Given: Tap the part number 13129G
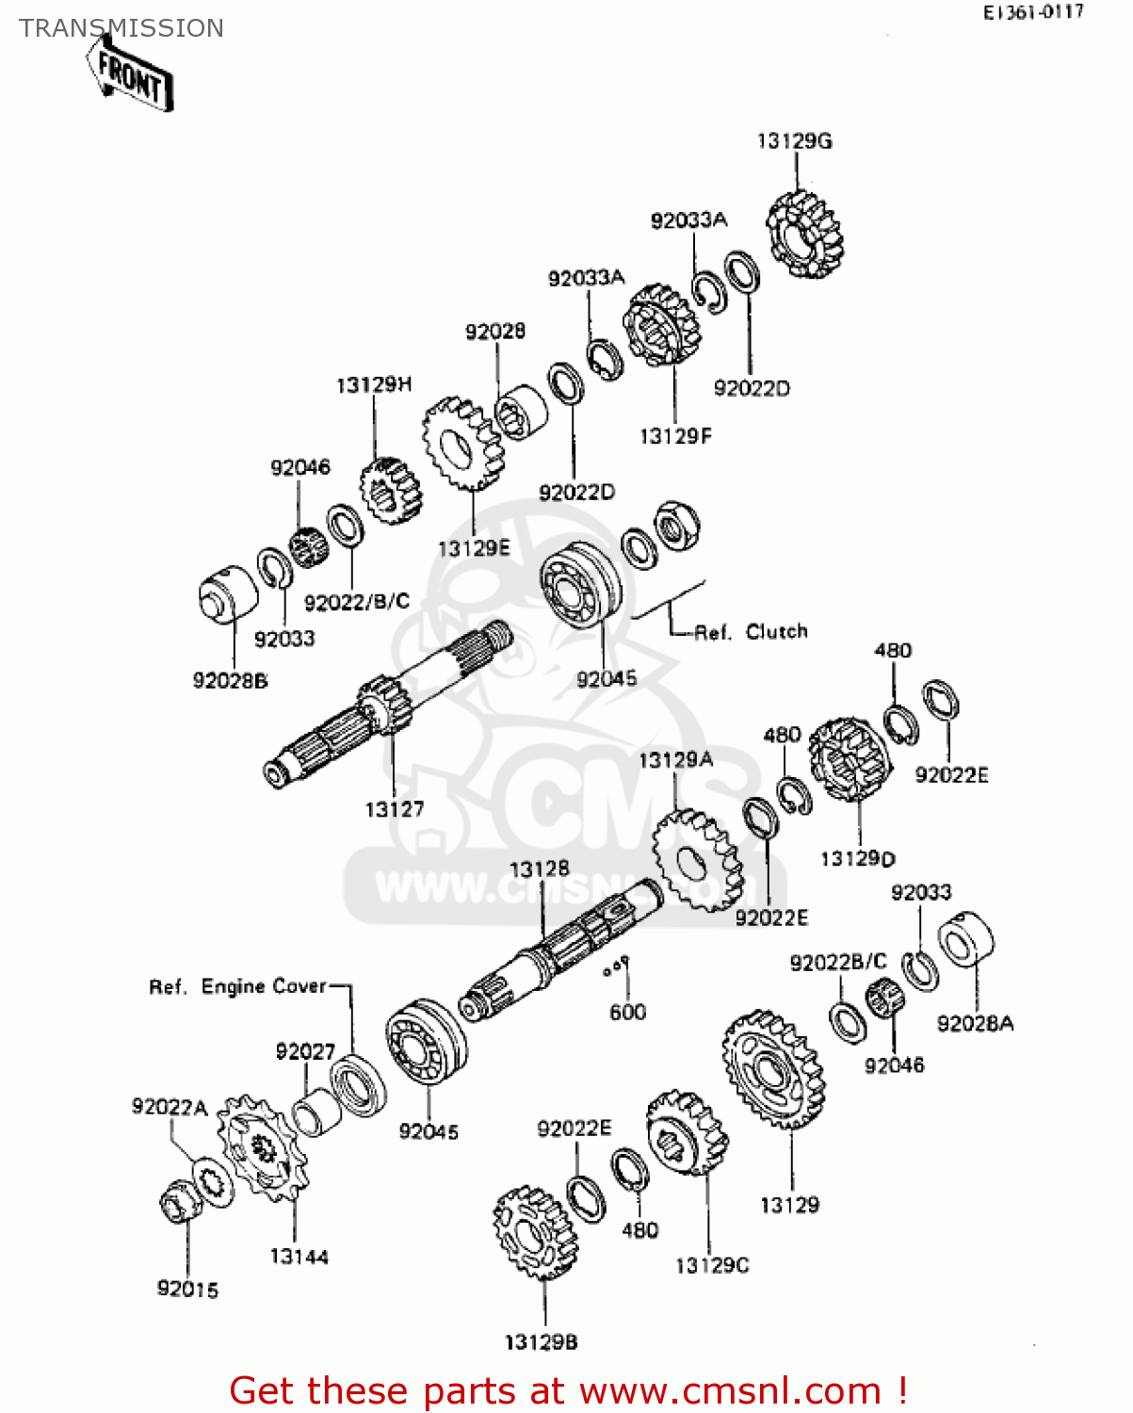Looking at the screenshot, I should (x=794, y=141).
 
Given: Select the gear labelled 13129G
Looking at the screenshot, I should (x=803, y=235).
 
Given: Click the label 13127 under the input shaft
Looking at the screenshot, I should (x=394, y=809).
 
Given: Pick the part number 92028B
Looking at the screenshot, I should (x=230, y=681).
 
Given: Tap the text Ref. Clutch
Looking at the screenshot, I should (x=751, y=632).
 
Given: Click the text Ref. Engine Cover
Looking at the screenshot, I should (x=237, y=986).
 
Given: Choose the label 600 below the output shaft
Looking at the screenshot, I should (x=627, y=1013).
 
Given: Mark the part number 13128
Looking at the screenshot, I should (x=539, y=869).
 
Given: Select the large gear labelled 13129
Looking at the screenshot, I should (x=774, y=1070).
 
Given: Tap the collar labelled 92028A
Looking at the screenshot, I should (x=966, y=941).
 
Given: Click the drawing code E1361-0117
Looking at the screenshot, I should (x=1033, y=13).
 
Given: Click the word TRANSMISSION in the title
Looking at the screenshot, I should (x=121, y=28).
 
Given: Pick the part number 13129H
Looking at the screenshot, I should (x=374, y=385).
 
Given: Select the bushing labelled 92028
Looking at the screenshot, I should (x=521, y=413).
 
